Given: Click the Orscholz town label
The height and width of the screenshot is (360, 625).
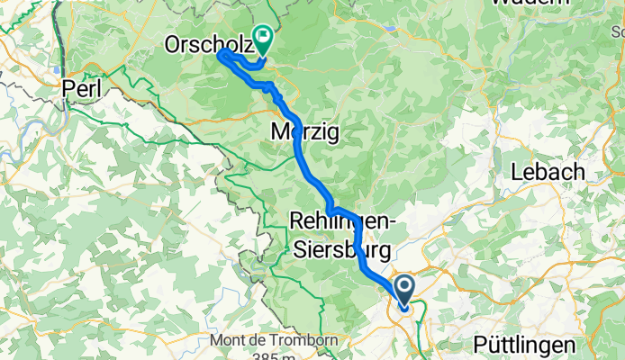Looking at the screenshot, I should pos(205,43).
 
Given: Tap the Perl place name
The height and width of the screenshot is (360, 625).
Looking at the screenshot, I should pos(84,88).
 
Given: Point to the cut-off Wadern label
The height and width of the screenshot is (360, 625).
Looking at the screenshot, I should pos(535,3).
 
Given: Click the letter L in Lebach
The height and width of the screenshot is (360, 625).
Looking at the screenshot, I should pos(518,171).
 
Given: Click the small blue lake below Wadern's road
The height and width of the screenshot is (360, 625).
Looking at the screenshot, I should pos(393,27).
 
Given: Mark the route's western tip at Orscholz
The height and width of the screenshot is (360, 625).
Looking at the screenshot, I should pos(221,55).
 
